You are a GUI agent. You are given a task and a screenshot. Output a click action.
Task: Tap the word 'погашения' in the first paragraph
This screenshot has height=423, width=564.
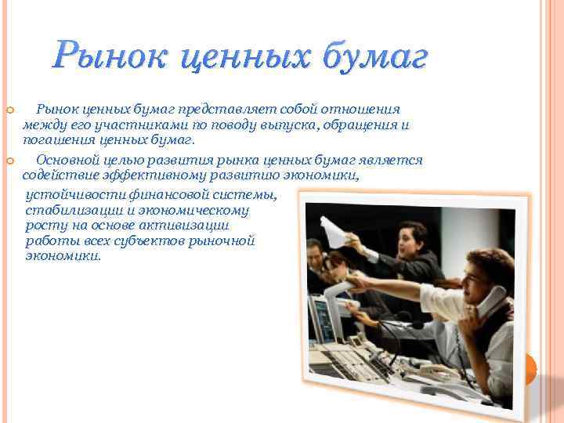[x=55, y=139]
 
